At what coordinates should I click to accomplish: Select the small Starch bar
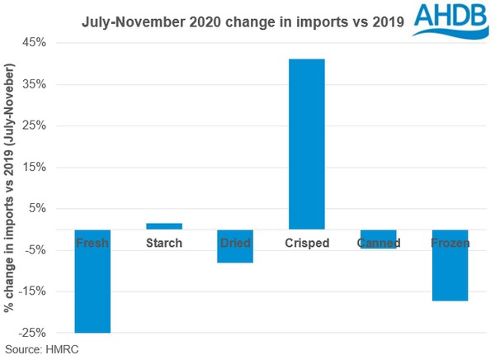point(164,226)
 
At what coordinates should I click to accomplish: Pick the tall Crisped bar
point(307,144)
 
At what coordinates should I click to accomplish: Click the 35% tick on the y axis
point(37,84)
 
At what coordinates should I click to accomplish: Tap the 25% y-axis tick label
point(37,126)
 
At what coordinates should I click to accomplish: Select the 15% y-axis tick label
point(37,168)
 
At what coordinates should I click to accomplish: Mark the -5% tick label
point(37,250)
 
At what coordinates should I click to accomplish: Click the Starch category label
point(164,243)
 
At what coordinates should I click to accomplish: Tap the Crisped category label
point(307,243)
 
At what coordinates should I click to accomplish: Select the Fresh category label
point(92,243)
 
